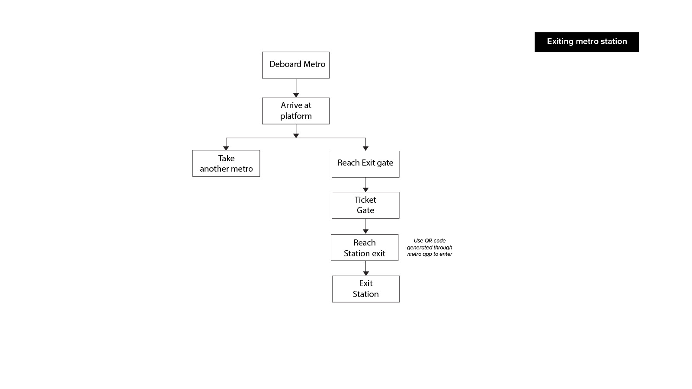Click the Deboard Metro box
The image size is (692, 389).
click(296, 65)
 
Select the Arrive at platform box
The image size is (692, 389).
click(296, 111)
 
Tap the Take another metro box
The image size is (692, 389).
click(226, 163)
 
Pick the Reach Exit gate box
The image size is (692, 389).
click(365, 164)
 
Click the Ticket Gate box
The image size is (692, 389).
click(365, 205)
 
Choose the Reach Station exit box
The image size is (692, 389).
click(365, 248)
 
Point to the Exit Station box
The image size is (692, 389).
click(366, 289)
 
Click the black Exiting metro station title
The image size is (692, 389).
click(586, 41)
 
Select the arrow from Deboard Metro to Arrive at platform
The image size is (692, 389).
click(296, 88)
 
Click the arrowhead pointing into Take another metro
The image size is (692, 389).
click(226, 148)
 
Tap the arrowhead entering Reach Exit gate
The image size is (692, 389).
click(365, 149)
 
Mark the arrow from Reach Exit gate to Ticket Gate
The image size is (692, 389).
click(365, 185)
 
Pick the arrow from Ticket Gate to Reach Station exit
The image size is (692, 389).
click(365, 226)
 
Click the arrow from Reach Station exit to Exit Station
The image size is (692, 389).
click(366, 268)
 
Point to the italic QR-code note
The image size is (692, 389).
click(429, 247)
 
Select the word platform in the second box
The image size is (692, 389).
click(296, 116)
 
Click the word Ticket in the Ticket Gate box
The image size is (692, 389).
click(365, 200)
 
